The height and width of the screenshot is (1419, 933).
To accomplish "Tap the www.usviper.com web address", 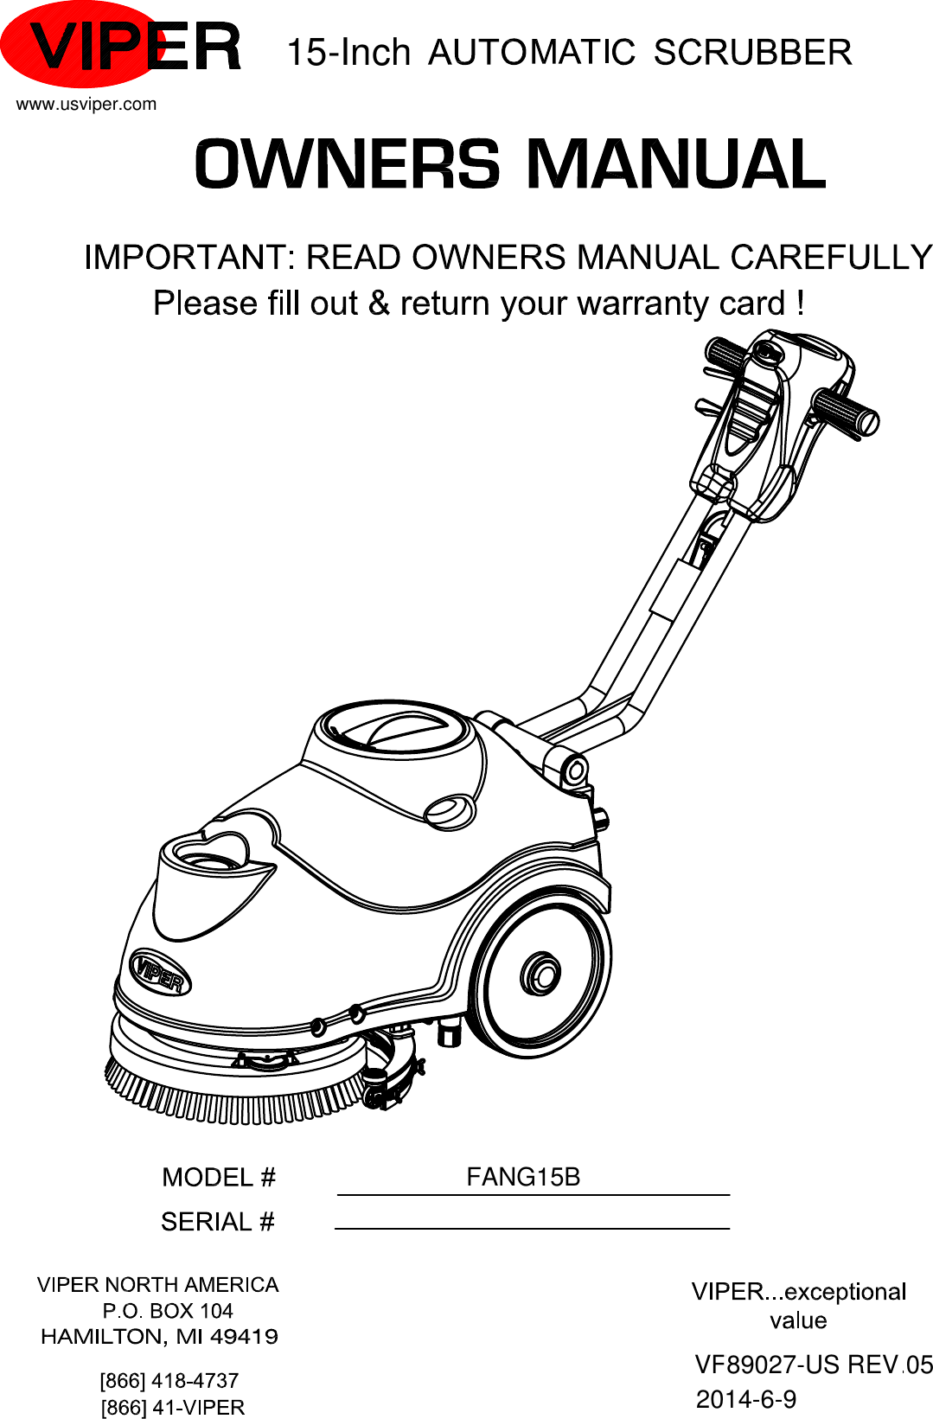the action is pos(86,105).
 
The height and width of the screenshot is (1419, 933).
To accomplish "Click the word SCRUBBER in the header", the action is pos(752,53).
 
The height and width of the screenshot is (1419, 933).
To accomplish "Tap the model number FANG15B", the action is pos(523,1177).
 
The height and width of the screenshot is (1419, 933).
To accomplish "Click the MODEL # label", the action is pos(219,1178).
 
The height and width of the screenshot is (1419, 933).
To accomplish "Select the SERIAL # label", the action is pos(218,1222).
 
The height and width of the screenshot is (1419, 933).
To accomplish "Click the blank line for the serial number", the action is pos(532,1226).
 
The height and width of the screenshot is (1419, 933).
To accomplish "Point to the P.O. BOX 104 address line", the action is pos(168,1311).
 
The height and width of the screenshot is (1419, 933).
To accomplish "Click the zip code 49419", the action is pos(245,1337).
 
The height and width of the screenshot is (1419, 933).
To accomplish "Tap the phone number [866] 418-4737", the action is pos(169,1380).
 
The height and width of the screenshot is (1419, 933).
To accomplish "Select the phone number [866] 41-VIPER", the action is pos(173,1408).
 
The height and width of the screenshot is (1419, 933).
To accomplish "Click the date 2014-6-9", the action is pos(746,1399).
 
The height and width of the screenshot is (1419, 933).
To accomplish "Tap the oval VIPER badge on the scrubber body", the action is pos(160,973).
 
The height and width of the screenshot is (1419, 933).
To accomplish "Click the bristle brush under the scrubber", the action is pos(233,1094).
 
